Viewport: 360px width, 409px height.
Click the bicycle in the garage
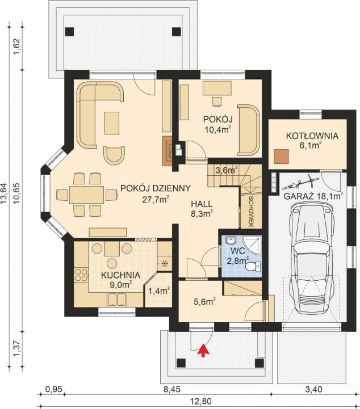pyautogui.click(x=300, y=183)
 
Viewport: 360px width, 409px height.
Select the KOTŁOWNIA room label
pyautogui.click(x=312, y=136)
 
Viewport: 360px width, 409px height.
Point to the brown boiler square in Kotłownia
pyautogui.click(x=281, y=157)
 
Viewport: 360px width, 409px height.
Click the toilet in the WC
pyautogui.click(x=253, y=266)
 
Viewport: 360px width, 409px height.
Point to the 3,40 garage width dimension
pyautogui.click(x=313, y=390)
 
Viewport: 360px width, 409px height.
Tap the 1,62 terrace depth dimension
pyautogui.click(x=16, y=47)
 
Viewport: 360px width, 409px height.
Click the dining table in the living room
pyautogui.click(x=86, y=195)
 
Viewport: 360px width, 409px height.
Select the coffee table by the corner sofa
pyautogui.click(x=112, y=123)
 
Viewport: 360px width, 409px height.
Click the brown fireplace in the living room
pyautogui.click(x=167, y=151)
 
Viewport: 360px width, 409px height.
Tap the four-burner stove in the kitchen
pyautogui.click(x=81, y=275)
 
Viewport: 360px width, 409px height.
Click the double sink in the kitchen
pyautogui.click(x=117, y=299)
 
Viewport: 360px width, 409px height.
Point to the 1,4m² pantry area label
pyautogui.click(x=159, y=290)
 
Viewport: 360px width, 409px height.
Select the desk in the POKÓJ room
pyautogui.click(x=217, y=88)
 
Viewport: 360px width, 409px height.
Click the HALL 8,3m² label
pyautogui.click(x=202, y=209)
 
